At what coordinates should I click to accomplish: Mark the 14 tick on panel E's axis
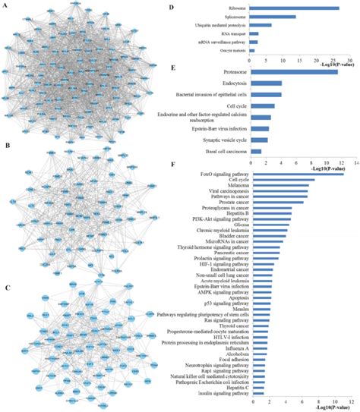[354, 162]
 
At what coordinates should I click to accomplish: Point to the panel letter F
[175, 163]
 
